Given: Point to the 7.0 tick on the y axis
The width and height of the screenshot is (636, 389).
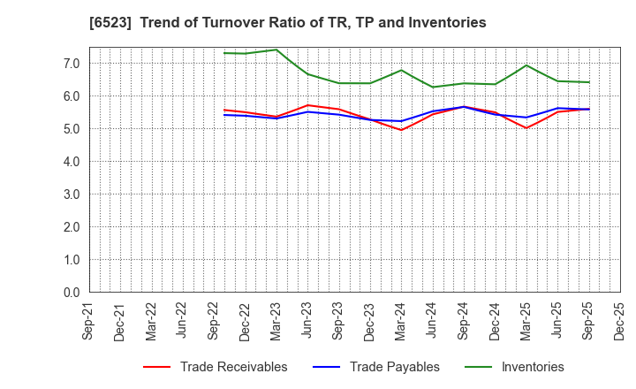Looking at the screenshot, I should tap(71, 64).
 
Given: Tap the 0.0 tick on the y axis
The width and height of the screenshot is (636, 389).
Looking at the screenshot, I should tap(71, 293).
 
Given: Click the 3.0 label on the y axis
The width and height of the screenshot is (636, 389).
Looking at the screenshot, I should tap(71, 194).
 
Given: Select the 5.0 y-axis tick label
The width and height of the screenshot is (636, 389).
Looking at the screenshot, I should tap(71, 129).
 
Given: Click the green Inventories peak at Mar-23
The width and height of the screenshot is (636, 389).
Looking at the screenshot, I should tap(276, 50).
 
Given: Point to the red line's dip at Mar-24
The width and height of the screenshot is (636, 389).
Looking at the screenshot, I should tap(402, 130).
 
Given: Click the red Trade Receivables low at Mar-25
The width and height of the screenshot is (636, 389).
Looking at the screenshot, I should tap(526, 128).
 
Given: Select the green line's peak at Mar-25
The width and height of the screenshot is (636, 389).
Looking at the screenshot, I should tap(526, 65).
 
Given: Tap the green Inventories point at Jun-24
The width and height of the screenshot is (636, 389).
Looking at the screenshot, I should tap(433, 87).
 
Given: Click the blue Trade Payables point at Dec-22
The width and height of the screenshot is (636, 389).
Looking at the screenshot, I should tap(246, 116).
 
